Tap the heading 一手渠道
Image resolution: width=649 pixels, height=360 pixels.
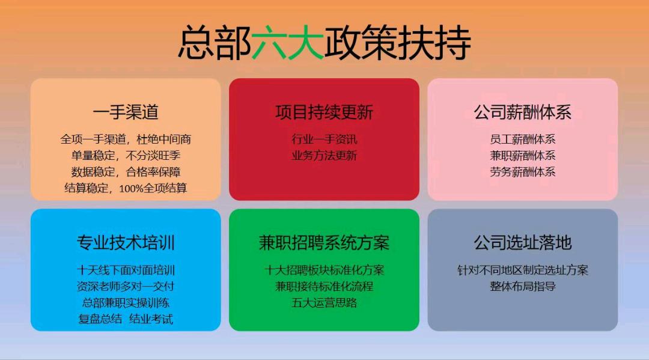(x=126, y=112)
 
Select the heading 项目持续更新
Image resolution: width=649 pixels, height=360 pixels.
(x=324, y=112)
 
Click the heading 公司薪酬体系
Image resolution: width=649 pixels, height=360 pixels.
(x=522, y=112)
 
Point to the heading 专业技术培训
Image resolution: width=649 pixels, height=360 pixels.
(x=126, y=243)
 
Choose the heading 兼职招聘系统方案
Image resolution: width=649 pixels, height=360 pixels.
(x=324, y=243)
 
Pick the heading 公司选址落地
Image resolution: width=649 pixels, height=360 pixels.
(x=522, y=243)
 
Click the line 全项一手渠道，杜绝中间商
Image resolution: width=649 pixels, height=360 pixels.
(x=126, y=139)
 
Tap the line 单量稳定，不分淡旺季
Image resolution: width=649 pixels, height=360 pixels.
(x=126, y=156)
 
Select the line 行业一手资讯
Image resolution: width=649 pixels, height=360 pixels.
(x=324, y=139)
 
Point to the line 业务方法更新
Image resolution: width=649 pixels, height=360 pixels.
(x=324, y=156)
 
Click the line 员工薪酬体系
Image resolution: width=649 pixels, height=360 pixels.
(x=522, y=139)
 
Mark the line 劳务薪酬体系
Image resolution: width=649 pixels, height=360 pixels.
(x=522, y=172)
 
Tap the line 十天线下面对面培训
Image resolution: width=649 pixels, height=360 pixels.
(x=126, y=270)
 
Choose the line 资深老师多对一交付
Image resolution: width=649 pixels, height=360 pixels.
(x=126, y=287)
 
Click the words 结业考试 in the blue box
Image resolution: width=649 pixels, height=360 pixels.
(x=151, y=319)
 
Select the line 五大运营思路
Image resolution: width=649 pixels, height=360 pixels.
(x=324, y=303)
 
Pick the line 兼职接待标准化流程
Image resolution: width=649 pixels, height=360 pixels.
(x=324, y=287)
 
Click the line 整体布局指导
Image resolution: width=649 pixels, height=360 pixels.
(x=522, y=287)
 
